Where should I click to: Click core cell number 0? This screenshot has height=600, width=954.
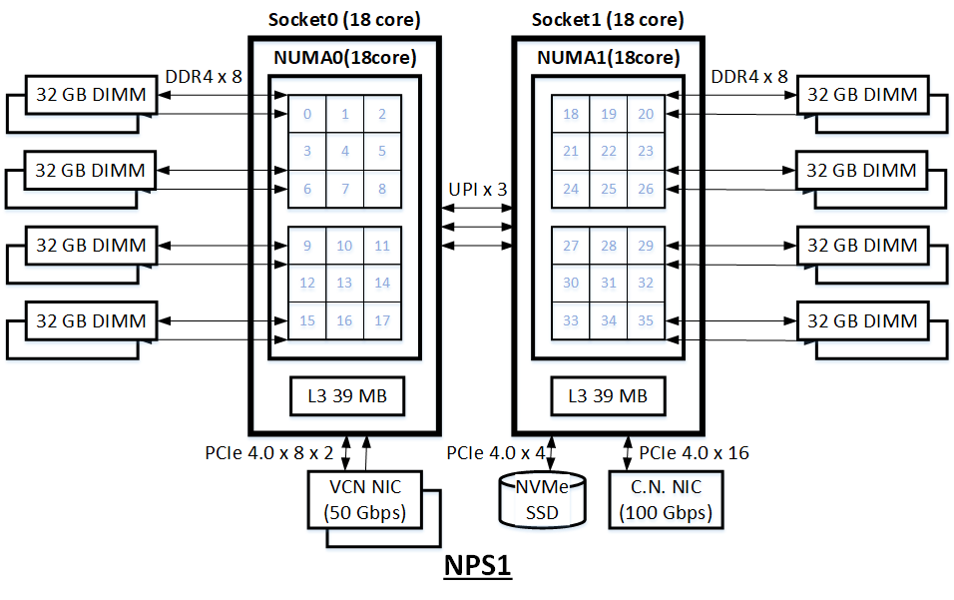point(307,114)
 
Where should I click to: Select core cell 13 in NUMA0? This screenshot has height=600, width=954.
point(344,284)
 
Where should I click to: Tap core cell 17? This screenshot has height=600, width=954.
point(382,320)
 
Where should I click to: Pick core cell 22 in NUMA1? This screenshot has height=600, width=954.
point(608,152)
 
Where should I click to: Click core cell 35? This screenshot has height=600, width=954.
point(646,320)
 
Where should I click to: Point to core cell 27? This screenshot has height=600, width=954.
point(571,247)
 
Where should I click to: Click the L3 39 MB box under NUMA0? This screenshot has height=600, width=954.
point(345,396)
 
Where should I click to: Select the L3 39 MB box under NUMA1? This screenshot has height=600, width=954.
point(608,396)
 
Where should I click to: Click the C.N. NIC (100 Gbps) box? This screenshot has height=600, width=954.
point(665,500)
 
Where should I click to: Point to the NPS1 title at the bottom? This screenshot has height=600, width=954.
point(476,565)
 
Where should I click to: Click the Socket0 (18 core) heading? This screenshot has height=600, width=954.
point(344,19)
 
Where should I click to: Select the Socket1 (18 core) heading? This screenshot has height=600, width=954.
point(608,19)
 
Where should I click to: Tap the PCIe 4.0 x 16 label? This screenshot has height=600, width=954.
point(694,453)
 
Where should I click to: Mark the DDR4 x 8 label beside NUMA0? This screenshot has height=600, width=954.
point(204,75)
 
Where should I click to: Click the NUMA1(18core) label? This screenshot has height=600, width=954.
point(609,57)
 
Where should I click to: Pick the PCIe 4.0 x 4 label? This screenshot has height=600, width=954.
point(494,453)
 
